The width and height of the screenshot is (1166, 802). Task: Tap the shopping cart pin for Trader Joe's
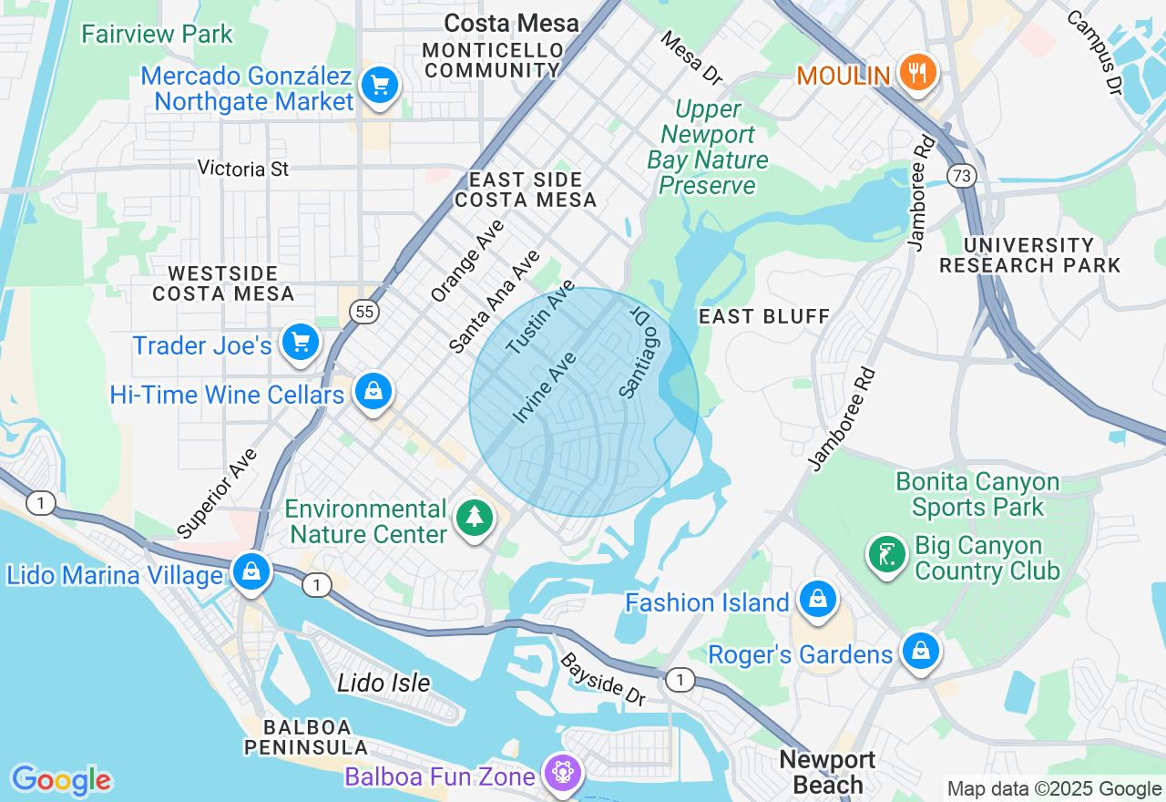click(x=301, y=343)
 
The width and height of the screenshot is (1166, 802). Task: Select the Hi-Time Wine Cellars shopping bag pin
click(x=373, y=392)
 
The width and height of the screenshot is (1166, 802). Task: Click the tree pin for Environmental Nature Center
click(x=474, y=518)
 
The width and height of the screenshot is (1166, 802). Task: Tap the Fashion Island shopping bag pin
click(x=817, y=599)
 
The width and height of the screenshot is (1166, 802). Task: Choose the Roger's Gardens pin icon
click(x=921, y=652)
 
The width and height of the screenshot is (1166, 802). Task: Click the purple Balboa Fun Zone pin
click(x=562, y=773)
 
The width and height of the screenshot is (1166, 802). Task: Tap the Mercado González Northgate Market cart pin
click(x=379, y=86)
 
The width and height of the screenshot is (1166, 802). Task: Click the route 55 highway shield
click(x=363, y=312)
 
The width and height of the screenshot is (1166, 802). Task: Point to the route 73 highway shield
click(x=962, y=175)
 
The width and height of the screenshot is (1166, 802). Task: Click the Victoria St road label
click(x=243, y=169)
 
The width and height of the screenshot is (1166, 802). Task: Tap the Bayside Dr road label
click(x=603, y=679)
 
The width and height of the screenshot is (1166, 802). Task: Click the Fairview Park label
click(x=157, y=35)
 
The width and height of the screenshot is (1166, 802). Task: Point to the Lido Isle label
click(x=384, y=683)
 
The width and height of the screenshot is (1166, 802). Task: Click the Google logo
click(x=61, y=780)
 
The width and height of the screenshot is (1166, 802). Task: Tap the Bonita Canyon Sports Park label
click(x=977, y=494)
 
